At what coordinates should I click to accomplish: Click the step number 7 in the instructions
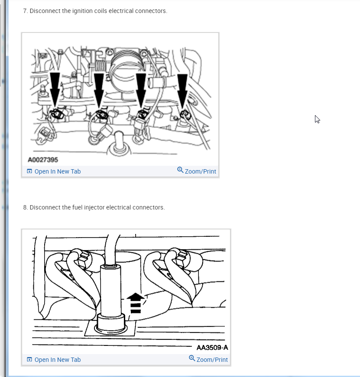25,11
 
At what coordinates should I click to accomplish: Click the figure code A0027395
43,160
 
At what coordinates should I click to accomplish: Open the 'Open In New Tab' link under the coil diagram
58,171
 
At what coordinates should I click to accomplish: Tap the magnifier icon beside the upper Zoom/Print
180,170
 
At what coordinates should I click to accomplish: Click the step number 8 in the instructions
25,207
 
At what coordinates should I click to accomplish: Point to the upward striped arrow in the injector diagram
136,303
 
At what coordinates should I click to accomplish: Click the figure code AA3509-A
212,348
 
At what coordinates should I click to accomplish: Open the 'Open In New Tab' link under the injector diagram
58,360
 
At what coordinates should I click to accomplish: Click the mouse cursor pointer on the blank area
317,119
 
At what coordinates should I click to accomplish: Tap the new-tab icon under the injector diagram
29,359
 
